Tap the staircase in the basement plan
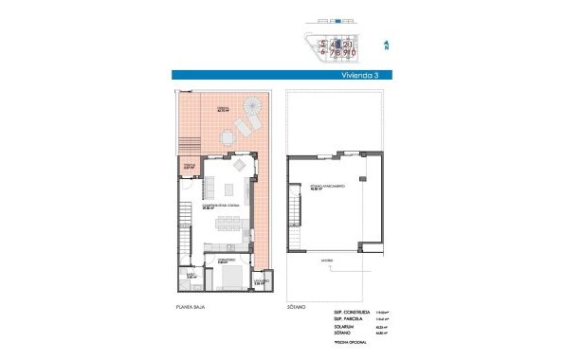pyautogui.click(x=294, y=234)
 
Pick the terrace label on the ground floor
pyautogui.click(x=224, y=108)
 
